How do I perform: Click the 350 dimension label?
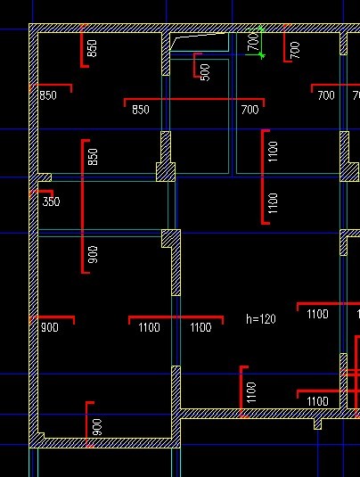point(51,201)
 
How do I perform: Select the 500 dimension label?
point(206,72)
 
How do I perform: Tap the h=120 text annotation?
point(261,319)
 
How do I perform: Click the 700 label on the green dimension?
point(253,42)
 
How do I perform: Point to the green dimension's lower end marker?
point(261,55)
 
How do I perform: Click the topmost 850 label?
point(92,48)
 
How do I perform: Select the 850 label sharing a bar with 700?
point(141,110)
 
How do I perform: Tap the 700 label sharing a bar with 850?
point(250,110)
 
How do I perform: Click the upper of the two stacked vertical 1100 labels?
point(273,152)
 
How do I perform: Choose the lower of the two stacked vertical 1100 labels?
point(273,203)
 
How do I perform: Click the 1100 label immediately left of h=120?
point(200,327)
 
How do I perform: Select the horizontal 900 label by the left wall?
point(50,327)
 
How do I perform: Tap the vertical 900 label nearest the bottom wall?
point(97,427)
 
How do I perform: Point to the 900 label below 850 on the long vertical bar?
point(94,254)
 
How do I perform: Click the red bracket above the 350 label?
point(42,193)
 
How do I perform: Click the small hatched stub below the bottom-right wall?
point(317,424)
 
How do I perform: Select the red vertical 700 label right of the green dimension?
point(295,50)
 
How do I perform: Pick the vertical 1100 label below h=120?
point(251,392)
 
